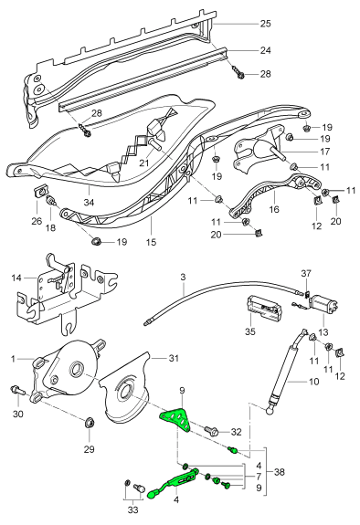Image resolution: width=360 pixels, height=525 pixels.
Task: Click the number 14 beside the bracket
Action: (15, 278)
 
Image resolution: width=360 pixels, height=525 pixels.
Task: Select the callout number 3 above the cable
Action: (183, 276)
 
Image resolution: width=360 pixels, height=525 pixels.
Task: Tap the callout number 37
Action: (307, 271)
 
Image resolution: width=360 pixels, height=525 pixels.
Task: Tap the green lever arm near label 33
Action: (164, 488)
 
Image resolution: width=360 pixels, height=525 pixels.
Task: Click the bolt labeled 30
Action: (15, 391)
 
